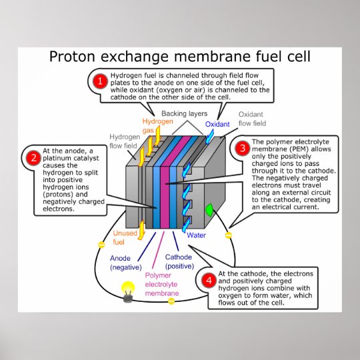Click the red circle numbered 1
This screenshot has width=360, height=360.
click(x=99, y=81)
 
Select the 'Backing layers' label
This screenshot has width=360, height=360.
click(x=184, y=114)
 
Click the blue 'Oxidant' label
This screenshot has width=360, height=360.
click(x=217, y=124)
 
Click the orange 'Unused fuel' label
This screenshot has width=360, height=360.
click(x=125, y=237)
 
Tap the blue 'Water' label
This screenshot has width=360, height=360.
click(x=196, y=235)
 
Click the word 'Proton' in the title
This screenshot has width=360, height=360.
click(x=77, y=57)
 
